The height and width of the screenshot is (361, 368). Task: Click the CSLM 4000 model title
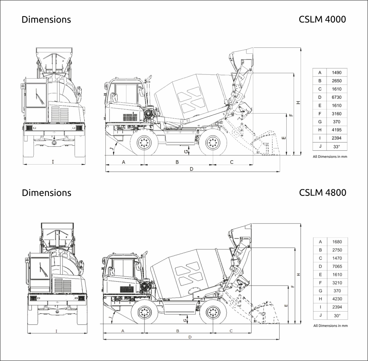point(322,19)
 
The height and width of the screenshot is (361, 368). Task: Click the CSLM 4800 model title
point(323,192)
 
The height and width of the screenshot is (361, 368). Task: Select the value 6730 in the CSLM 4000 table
point(336,97)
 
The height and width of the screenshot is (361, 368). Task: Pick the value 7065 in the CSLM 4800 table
point(337,266)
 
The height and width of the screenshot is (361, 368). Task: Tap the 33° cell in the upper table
point(336,146)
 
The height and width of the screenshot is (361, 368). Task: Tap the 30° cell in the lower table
point(337,316)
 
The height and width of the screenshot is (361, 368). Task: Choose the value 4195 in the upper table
point(336,130)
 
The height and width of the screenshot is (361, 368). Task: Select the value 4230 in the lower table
point(337,299)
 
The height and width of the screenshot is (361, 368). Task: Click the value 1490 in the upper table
point(336,73)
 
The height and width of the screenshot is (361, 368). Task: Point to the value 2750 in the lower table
point(337,250)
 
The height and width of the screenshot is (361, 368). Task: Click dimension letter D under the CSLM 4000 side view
point(191,169)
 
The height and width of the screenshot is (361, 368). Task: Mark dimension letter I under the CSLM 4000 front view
point(53,162)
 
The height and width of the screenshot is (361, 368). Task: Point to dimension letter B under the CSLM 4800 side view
point(178,331)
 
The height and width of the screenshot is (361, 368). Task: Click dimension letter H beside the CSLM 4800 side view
point(299,275)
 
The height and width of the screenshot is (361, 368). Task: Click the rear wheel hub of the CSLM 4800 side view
point(213,312)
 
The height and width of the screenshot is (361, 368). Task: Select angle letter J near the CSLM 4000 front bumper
point(112,148)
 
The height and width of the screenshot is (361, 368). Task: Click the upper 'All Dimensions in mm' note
point(330,157)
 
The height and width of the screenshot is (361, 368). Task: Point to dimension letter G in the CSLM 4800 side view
point(186,319)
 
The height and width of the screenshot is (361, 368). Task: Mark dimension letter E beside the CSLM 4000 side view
point(284,138)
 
